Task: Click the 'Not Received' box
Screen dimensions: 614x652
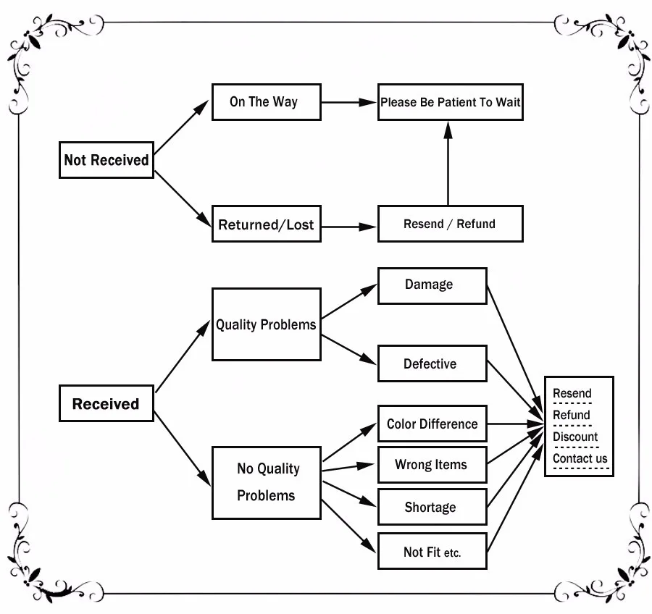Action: click(x=106, y=160)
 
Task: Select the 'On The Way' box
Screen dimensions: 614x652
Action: click(x=266, y=102)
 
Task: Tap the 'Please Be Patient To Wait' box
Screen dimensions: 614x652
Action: click(x=450, y=102)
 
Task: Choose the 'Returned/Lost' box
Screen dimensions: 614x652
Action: click(x=266, y=224)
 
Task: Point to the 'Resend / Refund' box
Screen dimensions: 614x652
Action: click(x=450, y=224)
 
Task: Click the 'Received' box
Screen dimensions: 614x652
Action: click(x=106, y=403)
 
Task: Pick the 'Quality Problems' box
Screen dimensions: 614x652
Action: click(x=266, y=324)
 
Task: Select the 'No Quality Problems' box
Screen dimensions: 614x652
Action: click(x=266, y=482)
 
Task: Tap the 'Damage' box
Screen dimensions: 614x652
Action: click(x=432, y=285)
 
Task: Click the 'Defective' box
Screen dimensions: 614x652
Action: click(x=432, y=363)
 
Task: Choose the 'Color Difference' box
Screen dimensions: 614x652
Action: click(x=432, y=424)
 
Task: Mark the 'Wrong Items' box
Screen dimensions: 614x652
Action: click(x=432, y=465)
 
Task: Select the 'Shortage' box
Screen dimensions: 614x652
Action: click(x=432, y=507)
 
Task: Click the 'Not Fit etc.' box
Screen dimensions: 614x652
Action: click(x=432, y=552)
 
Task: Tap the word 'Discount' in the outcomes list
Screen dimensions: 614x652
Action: click(x=575, y=437)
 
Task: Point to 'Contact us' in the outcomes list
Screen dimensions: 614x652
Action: click(x=580, y=458)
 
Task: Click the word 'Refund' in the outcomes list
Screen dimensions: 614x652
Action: click(x=572, y=415)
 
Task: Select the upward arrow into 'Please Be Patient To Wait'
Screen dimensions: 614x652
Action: click(x=448, y=163)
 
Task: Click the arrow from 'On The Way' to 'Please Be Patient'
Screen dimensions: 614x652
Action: click(x=348, y=102)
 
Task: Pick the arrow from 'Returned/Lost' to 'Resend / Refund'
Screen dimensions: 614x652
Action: click(x=348, y=226)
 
